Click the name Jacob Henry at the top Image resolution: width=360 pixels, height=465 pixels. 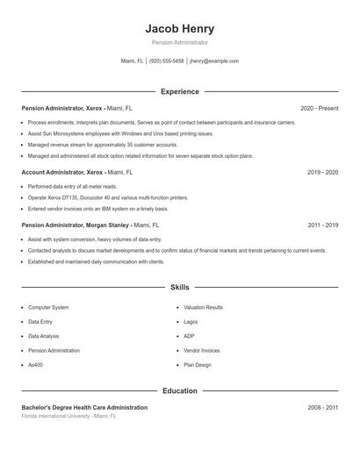point(180,28)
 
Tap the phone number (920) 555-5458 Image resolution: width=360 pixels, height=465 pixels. point(166,61)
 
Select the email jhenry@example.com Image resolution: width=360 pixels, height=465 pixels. point(214,61)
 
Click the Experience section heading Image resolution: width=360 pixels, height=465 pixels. point(180,91)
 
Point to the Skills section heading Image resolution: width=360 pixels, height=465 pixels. point(180,287)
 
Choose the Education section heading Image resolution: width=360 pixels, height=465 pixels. point(180,390)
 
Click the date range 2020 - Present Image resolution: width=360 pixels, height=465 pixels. point(319,108)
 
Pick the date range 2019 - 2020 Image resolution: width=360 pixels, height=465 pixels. point(322,173)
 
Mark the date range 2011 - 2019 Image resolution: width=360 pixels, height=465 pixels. point(322,225)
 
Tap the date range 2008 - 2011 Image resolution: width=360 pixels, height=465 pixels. point(322,408)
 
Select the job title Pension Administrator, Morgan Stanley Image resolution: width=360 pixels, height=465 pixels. point(74,225)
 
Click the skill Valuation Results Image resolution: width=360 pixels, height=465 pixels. point(203,308)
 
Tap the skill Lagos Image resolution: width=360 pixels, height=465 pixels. point(191,322)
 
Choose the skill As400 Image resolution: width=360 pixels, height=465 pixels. point(35,364)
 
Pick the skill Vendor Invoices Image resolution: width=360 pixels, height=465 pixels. point(202,350)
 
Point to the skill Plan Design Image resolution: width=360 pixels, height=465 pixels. point(198,364)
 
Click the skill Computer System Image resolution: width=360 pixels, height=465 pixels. point(48,308)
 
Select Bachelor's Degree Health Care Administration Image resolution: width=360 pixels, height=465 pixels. point(84,408)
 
